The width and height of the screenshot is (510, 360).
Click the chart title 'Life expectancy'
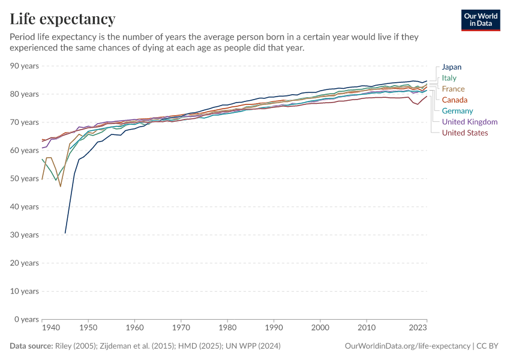tap(62, 19)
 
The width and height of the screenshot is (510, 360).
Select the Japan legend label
tap(451, 67)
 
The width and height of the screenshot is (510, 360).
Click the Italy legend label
tap(449, 78)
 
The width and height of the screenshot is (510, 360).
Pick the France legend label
tap(453, 89)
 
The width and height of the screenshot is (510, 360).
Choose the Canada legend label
tap(455, 100)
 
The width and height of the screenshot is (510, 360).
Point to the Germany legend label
tap(457, 110)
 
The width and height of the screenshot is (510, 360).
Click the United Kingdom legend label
tap(469, 122)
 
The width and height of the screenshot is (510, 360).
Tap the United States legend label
tap(464, 133)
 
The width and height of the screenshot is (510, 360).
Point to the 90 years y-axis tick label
tap(25, 66)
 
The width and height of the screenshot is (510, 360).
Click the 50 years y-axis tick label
tap(25, 179)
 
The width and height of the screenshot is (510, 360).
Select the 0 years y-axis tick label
tap(26, 319)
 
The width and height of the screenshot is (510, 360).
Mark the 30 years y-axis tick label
tap(25, 235)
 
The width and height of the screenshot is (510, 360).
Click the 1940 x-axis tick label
tap(51, 328)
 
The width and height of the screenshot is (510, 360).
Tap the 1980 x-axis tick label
tap(227, 328)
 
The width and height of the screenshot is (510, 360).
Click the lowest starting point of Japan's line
tap(65, 233)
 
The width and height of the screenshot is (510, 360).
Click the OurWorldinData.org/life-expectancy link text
tap(408, 346)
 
